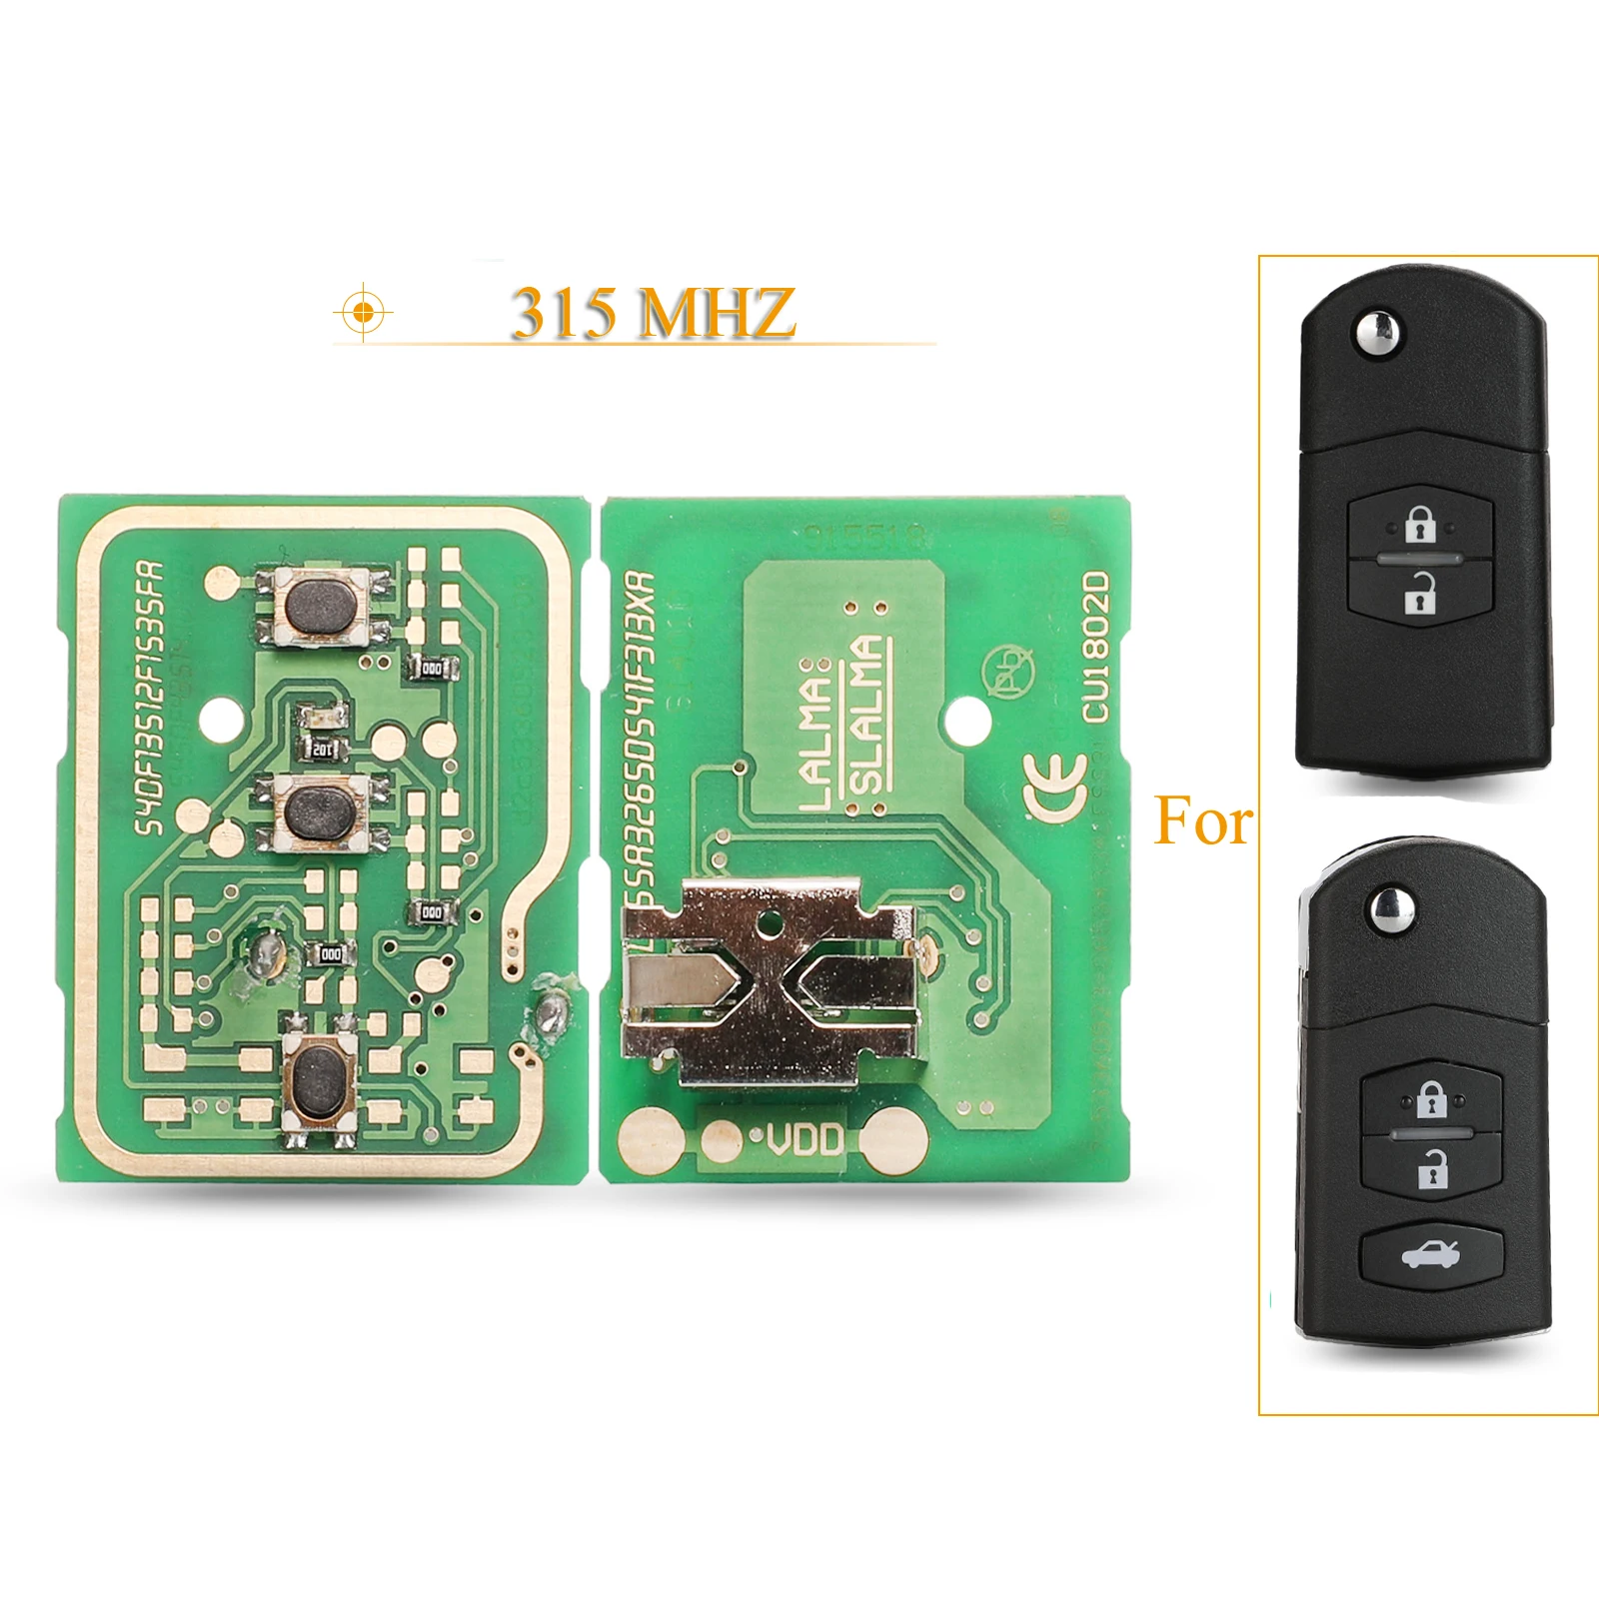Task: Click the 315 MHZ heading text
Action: coord(654,312)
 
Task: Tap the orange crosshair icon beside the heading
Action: coord(363,313)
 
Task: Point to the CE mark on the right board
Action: coord(1054,786)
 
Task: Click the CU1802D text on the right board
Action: coord(1096,646)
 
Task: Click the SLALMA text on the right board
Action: coord(867,715)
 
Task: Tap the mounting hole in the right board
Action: coord(965,718)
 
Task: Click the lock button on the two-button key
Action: coord(1419,524)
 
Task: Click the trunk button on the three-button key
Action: coord(1431,1252)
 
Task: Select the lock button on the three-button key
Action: coord(1431,1099)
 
